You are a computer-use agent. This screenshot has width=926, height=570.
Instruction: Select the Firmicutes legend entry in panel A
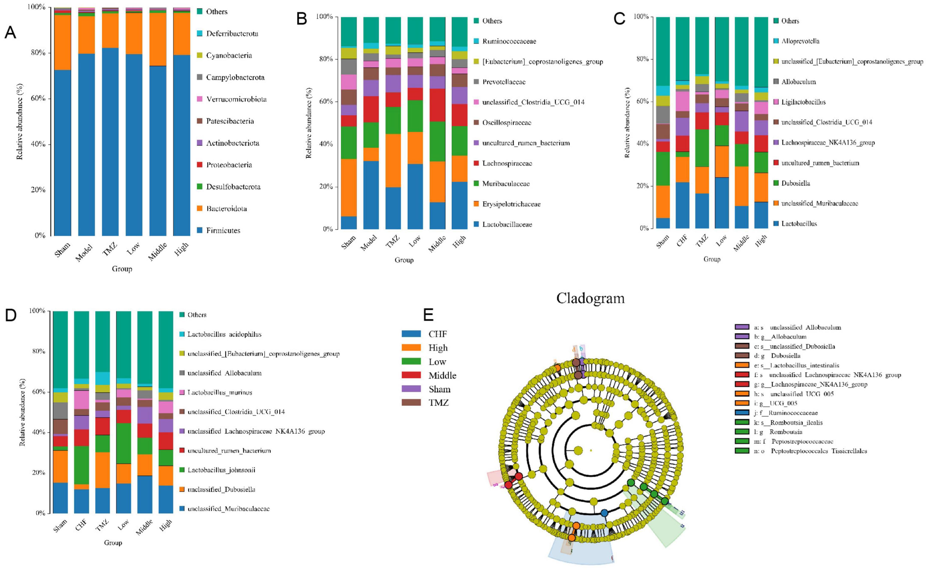tap(222, 230)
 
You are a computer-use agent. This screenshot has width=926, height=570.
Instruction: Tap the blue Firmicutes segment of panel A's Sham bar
tap(63, 151)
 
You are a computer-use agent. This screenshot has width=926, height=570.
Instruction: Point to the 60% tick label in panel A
tap(38, 98)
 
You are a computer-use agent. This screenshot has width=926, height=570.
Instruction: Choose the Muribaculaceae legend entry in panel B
tap(505, 183)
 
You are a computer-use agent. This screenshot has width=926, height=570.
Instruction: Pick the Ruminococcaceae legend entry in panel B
tap(509, 41)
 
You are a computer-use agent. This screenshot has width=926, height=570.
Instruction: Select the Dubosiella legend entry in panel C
tap(795, 183)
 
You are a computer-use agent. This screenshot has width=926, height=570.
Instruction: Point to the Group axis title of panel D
tap(113, 543)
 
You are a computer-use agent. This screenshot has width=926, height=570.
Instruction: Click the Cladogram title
tap(590, 298)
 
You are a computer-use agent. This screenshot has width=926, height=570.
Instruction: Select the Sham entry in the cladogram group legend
tap(439, 389)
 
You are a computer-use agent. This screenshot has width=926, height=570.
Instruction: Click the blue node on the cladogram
tap(604, 513)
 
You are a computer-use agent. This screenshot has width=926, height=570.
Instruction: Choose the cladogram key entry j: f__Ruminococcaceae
tap(785, 413)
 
